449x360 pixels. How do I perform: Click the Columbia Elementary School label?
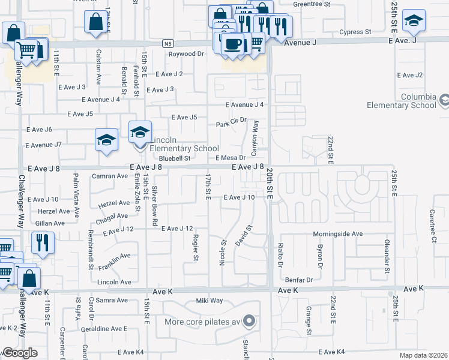[x=402, y=101]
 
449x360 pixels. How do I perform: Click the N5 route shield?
[x=169, y=43]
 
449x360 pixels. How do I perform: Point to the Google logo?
[x=20, y=353]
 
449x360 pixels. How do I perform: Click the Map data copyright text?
[x=424, y=355]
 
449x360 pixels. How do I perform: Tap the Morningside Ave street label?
[x=338, y=233]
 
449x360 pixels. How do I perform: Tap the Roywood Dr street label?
[x=186, y=54]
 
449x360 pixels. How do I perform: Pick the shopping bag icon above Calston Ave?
[x=96, y=22]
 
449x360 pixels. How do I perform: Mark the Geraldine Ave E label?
[x=105, y=329]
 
